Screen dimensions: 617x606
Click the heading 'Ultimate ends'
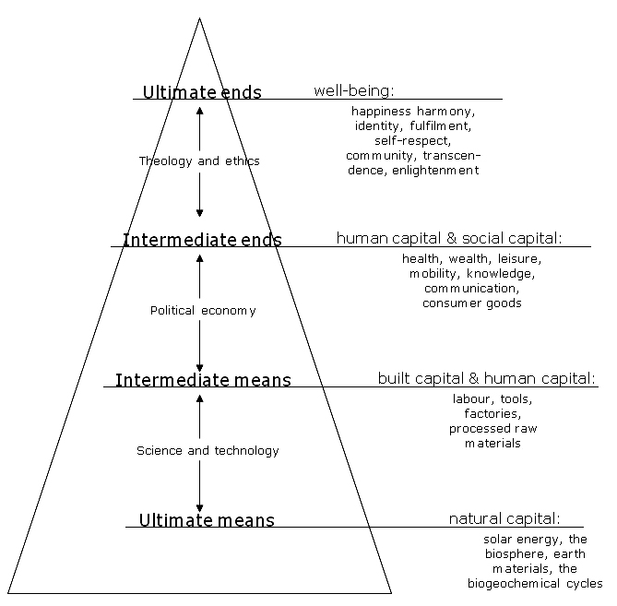[202, 92]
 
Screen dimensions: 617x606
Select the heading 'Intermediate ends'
[202, 240]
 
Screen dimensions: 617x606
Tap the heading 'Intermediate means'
[203, 380]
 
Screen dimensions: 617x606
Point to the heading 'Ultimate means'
[207, 520]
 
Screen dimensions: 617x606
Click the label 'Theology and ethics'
[199, 160]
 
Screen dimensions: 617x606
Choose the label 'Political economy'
[203, 311]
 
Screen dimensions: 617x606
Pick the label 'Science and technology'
[208, 450]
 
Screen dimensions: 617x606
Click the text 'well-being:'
[354, 91]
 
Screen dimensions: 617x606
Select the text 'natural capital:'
[504, 518]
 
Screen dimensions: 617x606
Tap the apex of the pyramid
[199, 18]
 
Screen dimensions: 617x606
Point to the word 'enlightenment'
[435, 171]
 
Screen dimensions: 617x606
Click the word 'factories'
[492, 413]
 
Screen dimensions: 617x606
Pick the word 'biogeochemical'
[514, 584]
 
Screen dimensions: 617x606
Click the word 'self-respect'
[413, 141]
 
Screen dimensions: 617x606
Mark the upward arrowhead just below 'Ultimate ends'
[199, 111]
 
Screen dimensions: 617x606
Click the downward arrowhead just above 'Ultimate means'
[199, 507]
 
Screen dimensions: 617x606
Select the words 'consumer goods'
[472, 303]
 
